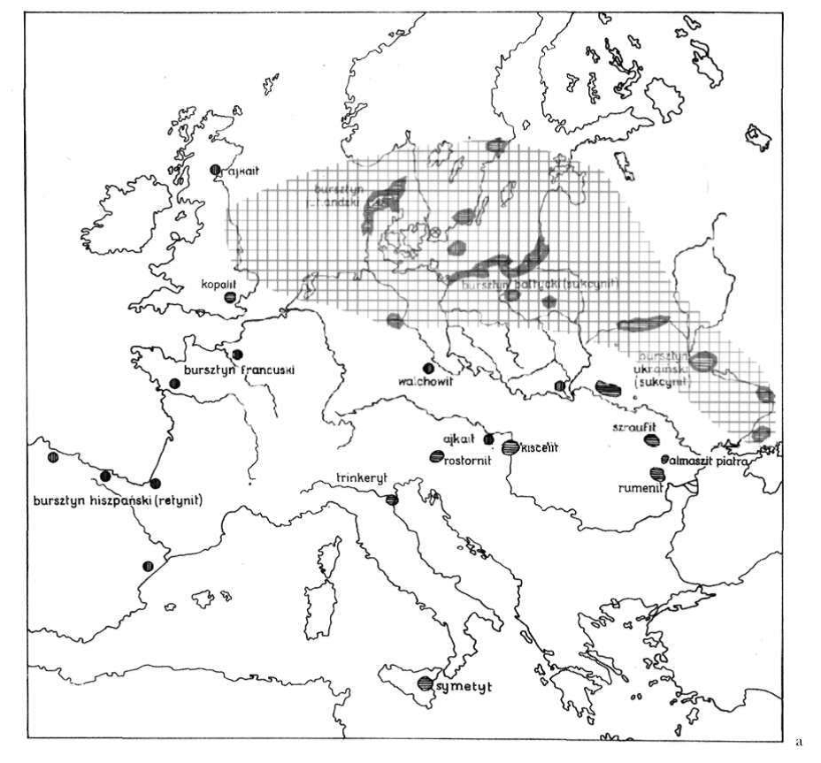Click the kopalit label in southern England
(x=218, y=286)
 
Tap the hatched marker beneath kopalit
(x=230, y=298)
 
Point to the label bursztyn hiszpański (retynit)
(x=119, y=500)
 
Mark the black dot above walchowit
(x=428, y=369)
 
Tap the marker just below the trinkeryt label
(x=391, y=500)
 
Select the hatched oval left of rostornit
(x=436, y=457)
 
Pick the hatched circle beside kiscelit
(x=510, y=447)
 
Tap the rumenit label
(x=641, y=486)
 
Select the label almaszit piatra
(x=710, y=462)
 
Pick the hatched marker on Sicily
(x=426, y=683)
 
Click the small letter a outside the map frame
(x=799, y=738)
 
